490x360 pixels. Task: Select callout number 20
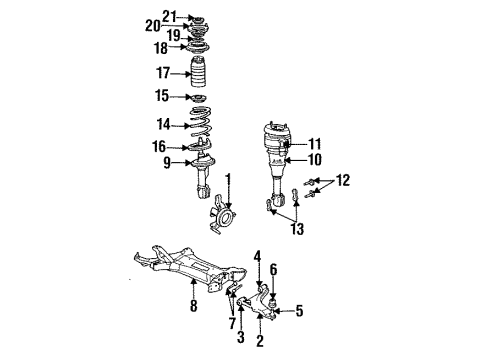(151, 25)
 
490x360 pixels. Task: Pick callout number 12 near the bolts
(344, 181)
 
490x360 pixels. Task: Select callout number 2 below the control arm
(259, 342)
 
